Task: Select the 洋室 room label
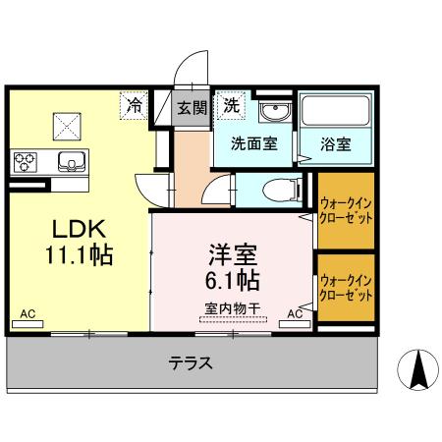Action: pos(232,253)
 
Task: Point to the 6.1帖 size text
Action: pos(232,281)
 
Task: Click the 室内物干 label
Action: pos(232,308)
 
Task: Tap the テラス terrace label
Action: pos(191,361)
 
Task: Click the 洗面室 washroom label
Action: pos(252,141)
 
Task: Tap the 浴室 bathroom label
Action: pos(335,142)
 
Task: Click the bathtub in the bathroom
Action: pos(335,114)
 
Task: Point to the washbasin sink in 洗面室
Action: pos(274,110)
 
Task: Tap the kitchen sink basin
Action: pos(71,161)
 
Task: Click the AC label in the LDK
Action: pos(28,314)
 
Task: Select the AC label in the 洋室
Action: pos(295,314)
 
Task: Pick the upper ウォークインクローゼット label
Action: pos(344,210)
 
